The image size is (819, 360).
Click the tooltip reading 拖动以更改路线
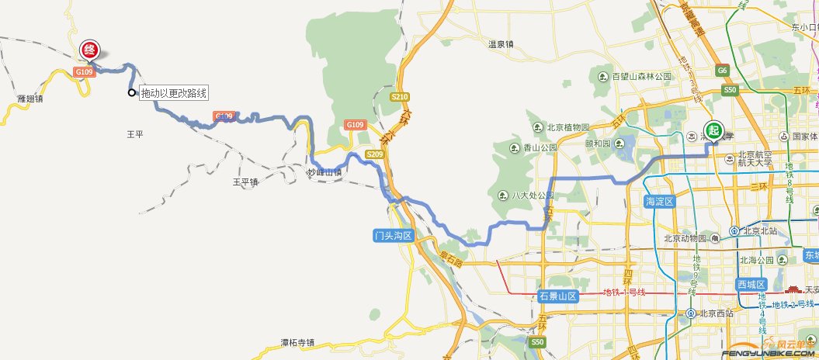coord(174,94)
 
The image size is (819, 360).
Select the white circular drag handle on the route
coord(131,93)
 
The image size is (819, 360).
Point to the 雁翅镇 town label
coord(29,99)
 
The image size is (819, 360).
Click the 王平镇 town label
coord(245,182)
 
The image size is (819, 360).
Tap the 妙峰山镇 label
coord(324,172)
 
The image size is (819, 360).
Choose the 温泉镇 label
coord(501,44)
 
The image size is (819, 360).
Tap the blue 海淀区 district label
coord(660,202)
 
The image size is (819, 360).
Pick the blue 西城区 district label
coord(751,284)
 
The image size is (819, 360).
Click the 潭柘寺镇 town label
coord(298,342)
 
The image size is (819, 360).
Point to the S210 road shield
coord(399,97)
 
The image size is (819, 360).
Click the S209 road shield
coord(375,154)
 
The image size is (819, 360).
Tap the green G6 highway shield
coord(723,71)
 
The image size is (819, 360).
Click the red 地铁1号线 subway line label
coord(624,292)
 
